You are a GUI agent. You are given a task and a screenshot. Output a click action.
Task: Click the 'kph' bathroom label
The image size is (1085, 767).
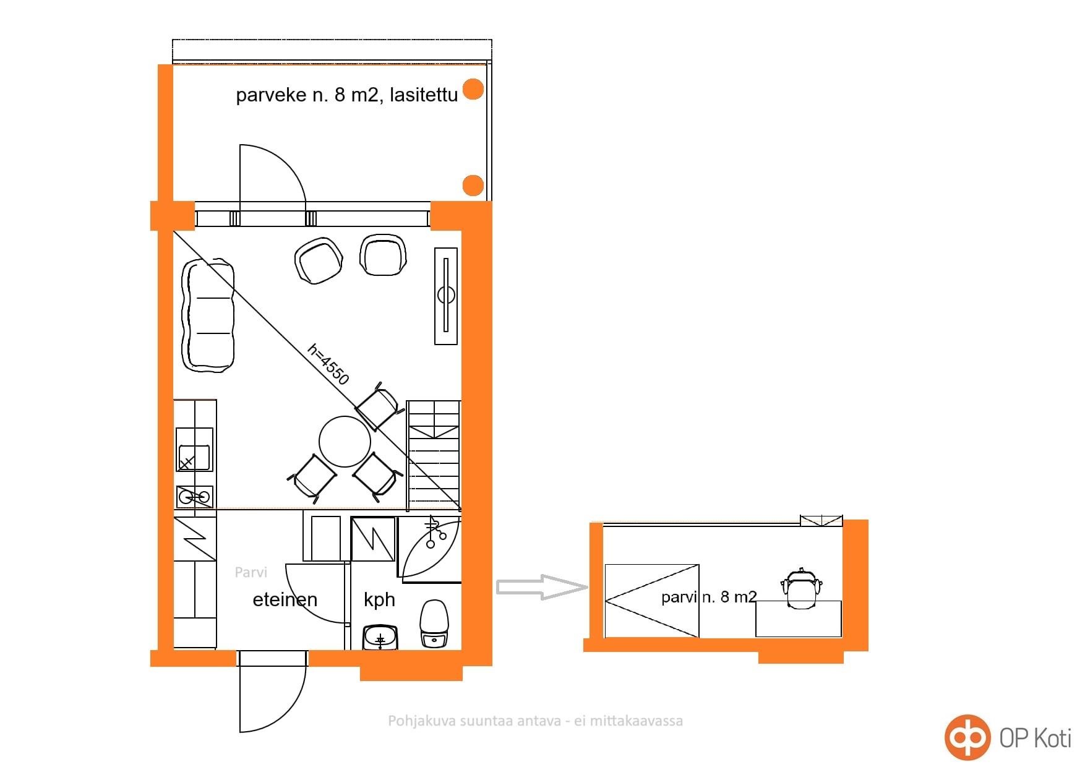pyautogui.click(x=379, y=600)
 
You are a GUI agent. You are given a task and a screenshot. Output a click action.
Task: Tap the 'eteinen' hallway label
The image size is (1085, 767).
pyautogui.click(x=285, y=599)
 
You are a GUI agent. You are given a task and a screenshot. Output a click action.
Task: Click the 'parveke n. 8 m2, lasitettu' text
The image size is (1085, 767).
pyautogui.click(x=347, y=95)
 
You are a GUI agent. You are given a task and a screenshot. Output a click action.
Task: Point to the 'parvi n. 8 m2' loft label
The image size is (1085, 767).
pyautogui.click(x=709, y=597)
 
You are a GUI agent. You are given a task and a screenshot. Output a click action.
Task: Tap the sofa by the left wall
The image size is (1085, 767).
pyautogui.click(x=208, y=315)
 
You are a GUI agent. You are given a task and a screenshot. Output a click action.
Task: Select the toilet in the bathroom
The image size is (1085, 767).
pyautogui.click(x=435, y=623)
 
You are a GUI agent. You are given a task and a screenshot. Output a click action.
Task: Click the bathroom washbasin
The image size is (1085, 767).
pyautogui.click(x=380, y=638)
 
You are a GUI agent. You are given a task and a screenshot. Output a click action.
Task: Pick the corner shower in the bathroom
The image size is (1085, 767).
pyautogui.click(x=430, y=549)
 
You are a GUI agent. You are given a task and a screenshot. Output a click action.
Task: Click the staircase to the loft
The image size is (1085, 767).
pyautogui.click(x=434, y=455)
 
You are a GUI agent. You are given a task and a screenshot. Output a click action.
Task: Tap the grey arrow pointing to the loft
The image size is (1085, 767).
pyautogui.click(x=542, y=587)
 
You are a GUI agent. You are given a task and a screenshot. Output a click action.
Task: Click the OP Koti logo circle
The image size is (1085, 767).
pyautogui.click(x=967, y=737)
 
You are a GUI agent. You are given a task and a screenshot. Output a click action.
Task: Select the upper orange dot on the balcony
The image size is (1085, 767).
pyautogui.click(x=473, y=89)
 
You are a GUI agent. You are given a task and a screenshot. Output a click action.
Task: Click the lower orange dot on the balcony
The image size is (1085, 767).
pyautogui.click(x=473, y=185)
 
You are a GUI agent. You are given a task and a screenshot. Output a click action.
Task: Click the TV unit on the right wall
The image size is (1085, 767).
pyautogui.click(x=446, y=296)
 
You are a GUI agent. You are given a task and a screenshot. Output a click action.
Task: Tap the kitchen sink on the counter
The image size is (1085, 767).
pyautogui.click(x=195, y=449)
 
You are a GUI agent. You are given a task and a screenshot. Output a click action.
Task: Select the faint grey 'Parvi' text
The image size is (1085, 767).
pyautogui.click(x=251, y=572)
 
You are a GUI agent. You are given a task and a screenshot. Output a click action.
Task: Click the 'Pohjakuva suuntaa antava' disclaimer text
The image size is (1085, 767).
pyautogui.click(x=536, y=721)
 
